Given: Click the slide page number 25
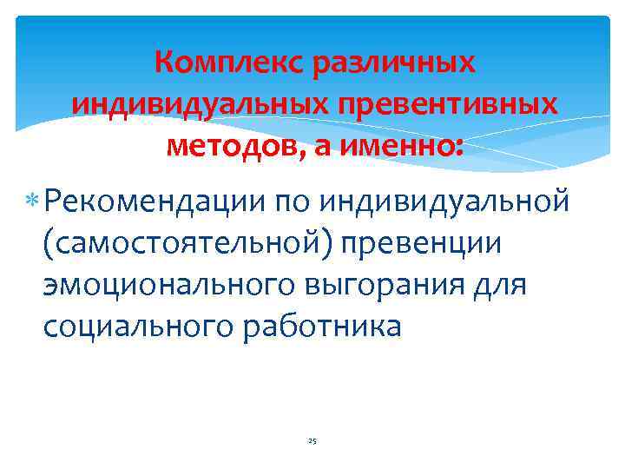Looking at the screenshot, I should (312, 441).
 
